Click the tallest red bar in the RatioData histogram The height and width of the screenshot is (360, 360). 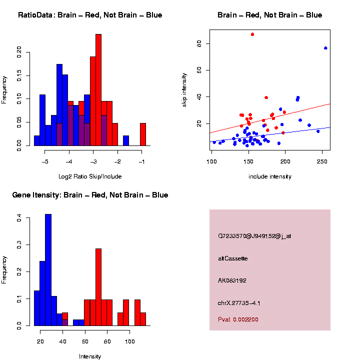[98, 90]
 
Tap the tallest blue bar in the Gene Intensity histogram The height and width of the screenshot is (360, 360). [48, 270]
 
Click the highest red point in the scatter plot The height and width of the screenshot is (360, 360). [252, 34]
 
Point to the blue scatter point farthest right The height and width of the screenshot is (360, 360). [325, 48]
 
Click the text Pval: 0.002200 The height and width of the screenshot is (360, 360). [238, 319]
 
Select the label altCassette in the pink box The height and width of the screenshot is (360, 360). [233, 258]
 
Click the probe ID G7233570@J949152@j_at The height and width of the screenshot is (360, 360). [254, 236]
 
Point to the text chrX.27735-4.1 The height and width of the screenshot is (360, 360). [239, 303]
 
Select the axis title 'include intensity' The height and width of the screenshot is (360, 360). [270, 176]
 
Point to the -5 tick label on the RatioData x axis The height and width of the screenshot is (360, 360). [44, 162]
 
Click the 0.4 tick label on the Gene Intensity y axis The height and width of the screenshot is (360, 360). [19, 218]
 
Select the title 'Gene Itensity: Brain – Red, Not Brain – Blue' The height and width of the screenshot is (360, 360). [90, 195]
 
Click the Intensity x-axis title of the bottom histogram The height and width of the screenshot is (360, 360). [90, 356]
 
